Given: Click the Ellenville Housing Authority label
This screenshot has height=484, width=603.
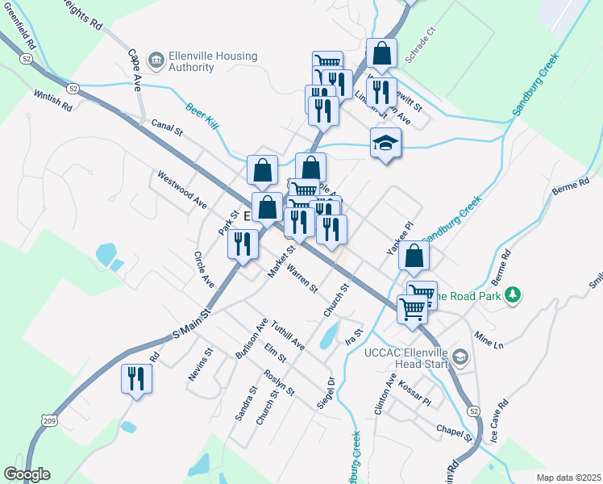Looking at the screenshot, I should coord(213,62).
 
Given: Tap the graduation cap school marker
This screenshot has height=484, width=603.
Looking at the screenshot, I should coord(385,144).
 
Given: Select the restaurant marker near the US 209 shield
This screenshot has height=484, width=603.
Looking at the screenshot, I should coord(135,378).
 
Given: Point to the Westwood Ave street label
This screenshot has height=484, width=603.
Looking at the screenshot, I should coord(182,190).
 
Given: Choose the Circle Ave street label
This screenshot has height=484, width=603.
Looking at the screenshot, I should coord(203,269).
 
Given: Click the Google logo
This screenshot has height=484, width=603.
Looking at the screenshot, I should coord(27,474).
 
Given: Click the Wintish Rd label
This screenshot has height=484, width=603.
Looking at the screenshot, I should coord(53,102).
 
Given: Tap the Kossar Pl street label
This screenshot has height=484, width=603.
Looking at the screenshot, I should coord(415,393).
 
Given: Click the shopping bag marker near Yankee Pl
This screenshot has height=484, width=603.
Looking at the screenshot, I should coord(413,257).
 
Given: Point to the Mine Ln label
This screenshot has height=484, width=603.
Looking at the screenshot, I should coord(488,340).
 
